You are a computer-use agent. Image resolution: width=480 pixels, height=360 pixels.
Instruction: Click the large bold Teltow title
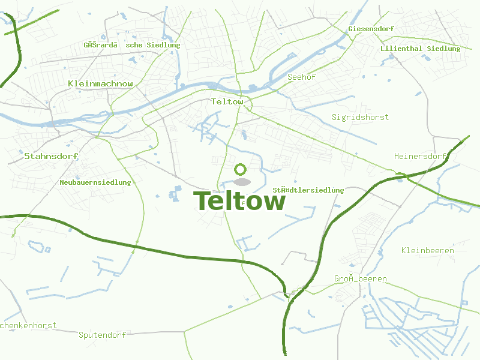(239, 202)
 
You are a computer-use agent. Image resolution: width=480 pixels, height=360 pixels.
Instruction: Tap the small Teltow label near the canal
(227, 101)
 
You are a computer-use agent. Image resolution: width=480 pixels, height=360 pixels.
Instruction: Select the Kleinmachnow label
(101, 83)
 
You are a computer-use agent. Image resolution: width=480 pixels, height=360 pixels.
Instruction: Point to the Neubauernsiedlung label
(95, 182)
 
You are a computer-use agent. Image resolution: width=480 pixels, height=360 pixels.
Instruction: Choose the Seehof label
(301, 77)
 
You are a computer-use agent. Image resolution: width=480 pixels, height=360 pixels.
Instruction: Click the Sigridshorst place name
(360, 117)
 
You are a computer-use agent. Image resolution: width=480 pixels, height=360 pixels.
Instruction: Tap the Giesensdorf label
(371, 28)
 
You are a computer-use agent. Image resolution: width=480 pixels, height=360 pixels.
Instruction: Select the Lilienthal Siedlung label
(420, 49)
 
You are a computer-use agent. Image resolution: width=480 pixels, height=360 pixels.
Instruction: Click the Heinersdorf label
(421, 156)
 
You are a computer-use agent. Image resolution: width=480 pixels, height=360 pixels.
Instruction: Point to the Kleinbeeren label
(427, 250)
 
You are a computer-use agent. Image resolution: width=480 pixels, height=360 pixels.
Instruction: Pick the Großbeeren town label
(360, 279)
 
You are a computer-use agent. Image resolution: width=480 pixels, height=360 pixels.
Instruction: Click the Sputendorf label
(102, 335)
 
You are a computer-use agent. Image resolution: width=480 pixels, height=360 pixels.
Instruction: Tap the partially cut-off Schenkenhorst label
(28, 326)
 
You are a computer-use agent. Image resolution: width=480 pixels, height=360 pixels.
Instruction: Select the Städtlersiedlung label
(308, 190)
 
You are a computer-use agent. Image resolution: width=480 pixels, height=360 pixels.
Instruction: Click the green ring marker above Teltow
(241, 170)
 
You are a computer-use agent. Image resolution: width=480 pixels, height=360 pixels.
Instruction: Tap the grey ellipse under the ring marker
(241, 181)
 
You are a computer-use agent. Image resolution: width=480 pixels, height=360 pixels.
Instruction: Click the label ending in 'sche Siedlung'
(132, 45)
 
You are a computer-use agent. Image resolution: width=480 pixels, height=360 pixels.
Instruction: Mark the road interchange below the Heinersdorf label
(401, 176)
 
